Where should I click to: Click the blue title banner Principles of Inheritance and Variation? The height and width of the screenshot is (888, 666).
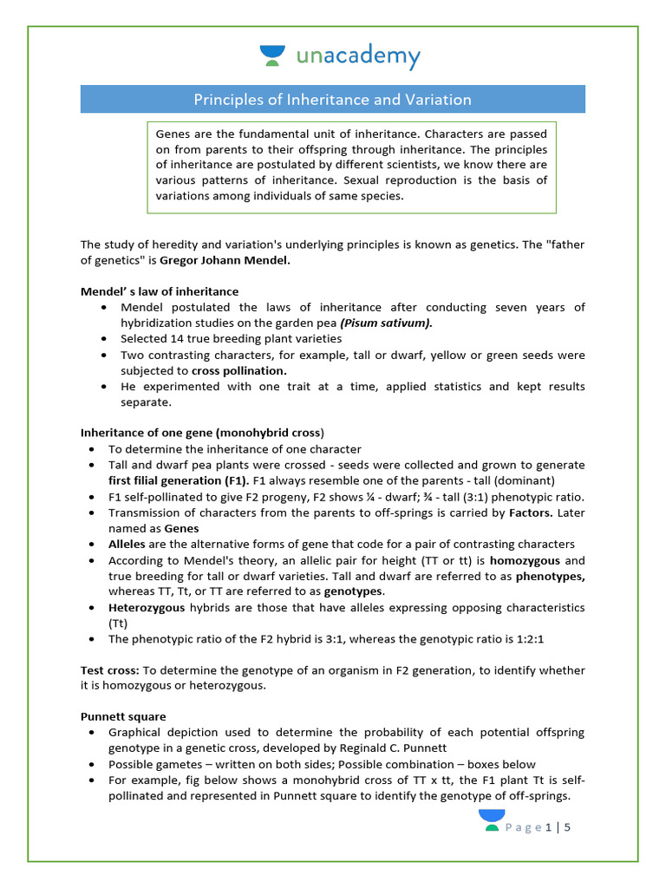coord(333,100)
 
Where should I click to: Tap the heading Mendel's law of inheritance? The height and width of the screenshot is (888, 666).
coord(160,291)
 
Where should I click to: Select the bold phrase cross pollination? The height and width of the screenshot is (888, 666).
coord(238,370)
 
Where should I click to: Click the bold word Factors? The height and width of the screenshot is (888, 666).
coord(531,513)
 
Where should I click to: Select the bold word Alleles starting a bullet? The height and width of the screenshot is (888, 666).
coord(127,544)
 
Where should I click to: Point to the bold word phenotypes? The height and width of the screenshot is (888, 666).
coord(550,575)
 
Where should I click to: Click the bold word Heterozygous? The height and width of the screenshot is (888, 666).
coord(147,607)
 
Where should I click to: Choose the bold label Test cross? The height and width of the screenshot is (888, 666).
coord(110,669)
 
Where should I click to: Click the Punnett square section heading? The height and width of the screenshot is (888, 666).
coord(123,717)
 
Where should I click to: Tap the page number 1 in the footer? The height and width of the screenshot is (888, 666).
coord(549,827)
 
